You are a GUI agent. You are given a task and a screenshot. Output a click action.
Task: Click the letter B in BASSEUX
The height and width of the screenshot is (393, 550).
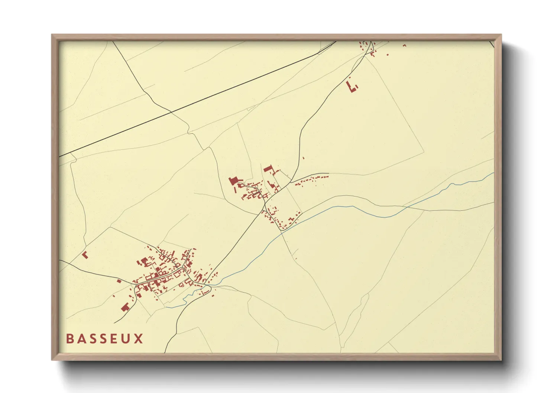(x=69, y=339)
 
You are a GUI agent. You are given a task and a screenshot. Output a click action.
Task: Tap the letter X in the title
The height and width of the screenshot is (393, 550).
(x=139, y=339)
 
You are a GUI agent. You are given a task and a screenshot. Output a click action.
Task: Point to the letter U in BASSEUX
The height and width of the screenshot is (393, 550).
(x=126, y=339)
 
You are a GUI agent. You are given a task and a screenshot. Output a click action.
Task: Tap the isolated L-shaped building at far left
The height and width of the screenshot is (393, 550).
(x=85, y=255)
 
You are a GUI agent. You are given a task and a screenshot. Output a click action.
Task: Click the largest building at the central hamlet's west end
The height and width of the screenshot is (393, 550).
(x=233, y=181)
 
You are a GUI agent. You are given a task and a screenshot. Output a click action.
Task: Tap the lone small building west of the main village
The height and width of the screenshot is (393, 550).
(x=119, y=281)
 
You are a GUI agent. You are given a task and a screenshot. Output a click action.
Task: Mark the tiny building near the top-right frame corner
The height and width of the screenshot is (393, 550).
(x=405, y=46)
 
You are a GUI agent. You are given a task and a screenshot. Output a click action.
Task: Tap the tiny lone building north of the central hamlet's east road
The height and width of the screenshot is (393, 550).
(x=303, y=158)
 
